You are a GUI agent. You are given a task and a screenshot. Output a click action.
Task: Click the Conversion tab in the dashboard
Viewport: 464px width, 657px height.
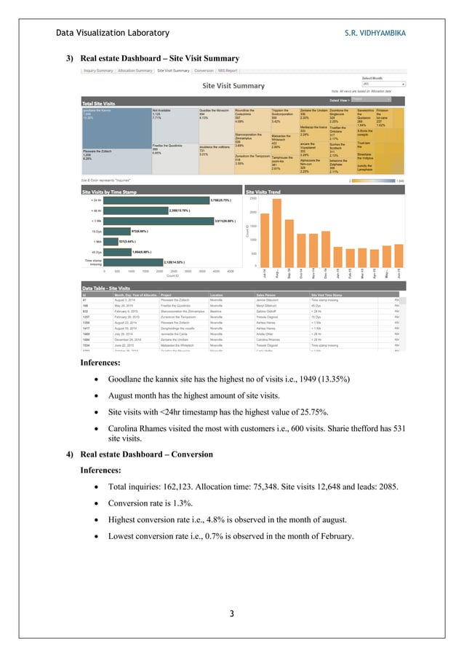click(204, 71)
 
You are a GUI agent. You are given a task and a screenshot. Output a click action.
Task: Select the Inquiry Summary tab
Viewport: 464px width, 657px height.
click(98, 71)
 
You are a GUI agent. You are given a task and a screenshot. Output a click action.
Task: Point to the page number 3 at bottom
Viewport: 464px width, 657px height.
click(232, 613)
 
